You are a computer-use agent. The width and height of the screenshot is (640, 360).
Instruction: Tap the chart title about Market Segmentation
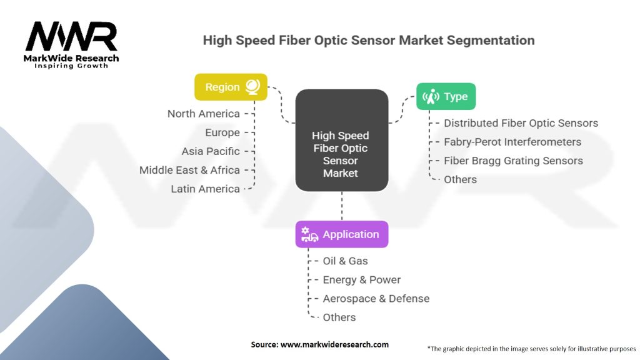(x=369, y=41)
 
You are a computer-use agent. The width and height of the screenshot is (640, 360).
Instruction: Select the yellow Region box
(x=231, y=87)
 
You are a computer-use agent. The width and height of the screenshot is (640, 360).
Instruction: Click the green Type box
(x=446, y=96)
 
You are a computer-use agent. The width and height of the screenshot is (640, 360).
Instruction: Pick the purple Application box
(x=341, y=234)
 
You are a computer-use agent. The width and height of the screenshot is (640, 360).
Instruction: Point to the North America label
(x=204, y=114)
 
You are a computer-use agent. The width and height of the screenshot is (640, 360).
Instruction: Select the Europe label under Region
(x=222, y=132)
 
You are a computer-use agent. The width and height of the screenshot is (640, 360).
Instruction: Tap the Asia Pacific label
(x=211, y=151)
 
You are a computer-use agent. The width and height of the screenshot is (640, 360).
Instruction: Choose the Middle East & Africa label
(x=189, y=170)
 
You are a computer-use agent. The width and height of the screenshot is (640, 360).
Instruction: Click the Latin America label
(x=206, y=189)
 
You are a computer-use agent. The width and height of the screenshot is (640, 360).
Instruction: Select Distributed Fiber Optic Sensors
(x=521, y=123)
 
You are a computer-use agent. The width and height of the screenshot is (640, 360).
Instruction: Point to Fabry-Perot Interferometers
(x=512, y=142)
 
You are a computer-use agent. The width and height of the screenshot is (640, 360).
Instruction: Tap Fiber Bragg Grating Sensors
(x=513, y=161)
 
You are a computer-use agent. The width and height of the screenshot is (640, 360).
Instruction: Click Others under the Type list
(x=460, y=179)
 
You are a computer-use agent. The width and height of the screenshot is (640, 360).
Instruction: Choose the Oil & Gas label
(x=346, y=261)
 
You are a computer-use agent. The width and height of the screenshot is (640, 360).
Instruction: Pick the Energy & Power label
(x=361, y=280)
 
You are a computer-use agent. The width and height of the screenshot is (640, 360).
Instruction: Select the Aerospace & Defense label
(x=376, y=299)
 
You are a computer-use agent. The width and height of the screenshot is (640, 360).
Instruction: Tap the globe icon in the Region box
(x=252, y=87)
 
